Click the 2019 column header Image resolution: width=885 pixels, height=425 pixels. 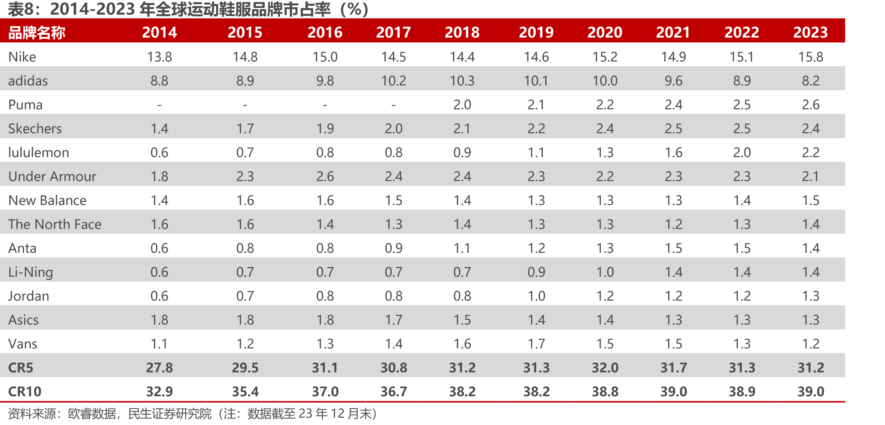click(536, 32)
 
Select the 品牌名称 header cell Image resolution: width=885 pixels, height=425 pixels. click(37, 33)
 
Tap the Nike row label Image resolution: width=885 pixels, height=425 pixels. click(22, 57)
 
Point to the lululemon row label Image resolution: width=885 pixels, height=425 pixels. click(39, 152)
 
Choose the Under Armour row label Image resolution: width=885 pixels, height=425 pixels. click(52, 176)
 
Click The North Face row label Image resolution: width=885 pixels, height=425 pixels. click(55, 224)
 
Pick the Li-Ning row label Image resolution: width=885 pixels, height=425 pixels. click(31, 272)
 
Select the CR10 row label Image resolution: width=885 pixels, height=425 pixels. click(25, 391)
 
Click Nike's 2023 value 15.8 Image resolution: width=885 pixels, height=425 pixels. click(811, 57)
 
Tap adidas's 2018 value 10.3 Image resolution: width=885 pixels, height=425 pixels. click(462, 81)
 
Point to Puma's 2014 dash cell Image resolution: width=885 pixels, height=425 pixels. click(159, 105)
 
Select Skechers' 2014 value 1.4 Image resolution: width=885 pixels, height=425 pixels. click(159, 129)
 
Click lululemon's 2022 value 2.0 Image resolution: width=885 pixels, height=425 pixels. click(742, 152)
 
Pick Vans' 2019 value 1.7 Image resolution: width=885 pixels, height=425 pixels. click(536, 344)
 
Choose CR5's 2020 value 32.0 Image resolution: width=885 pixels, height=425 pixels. click(605, 368)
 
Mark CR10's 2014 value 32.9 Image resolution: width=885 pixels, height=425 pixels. click(159, 391)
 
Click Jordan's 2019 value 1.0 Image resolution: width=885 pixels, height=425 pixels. click(536, 296)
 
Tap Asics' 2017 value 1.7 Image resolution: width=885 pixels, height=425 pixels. click(393, 320)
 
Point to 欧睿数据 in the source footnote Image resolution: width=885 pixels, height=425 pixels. click(92, 414)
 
